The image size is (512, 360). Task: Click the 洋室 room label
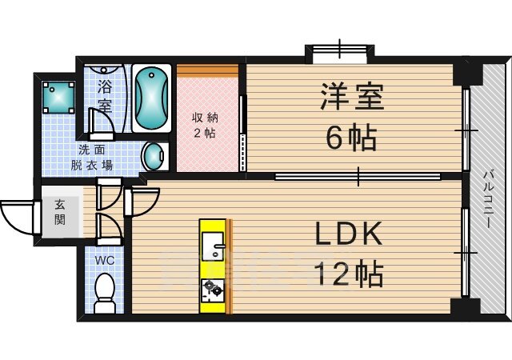(x=352, y=96)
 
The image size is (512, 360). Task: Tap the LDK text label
(x=348, y=234)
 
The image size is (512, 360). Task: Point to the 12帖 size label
(x=348, y=274)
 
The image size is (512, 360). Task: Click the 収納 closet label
(x=205, y=118)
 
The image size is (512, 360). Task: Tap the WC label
(x=105, y=260)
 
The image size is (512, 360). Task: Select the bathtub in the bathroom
(x=151, y=98)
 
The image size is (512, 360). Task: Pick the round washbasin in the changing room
(x=153, y=157)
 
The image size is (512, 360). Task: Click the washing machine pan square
(x=58, y=98)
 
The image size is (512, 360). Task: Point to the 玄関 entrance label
(x=60, y=212)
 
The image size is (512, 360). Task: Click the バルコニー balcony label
(x=489, y=198)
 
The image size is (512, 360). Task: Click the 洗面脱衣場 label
(x=92, y=158)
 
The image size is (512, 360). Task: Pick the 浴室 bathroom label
(x=105, y=96)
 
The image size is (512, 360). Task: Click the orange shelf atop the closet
(x=207, y=70)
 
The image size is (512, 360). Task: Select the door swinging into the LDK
(x=142, y=202)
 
